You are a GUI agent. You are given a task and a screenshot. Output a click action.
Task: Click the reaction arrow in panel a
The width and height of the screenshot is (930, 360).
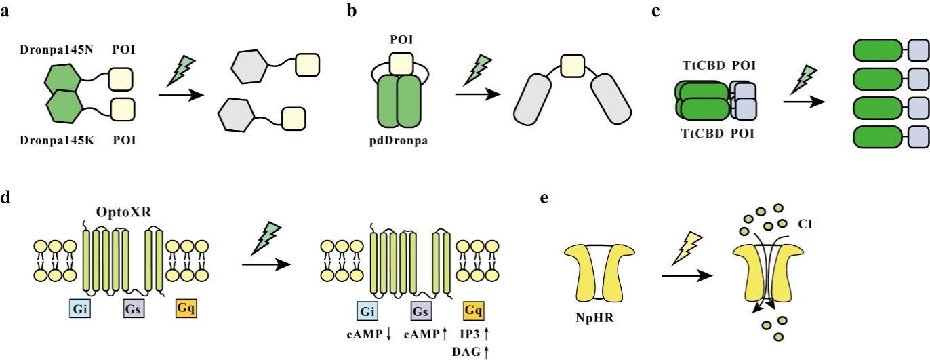[x=181, y=94]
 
